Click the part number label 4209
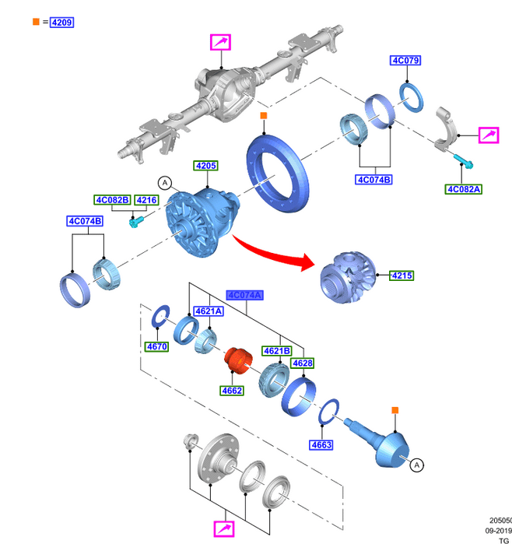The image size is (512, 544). click(61, 23)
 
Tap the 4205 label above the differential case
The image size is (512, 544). click(206, 166)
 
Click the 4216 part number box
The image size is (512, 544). click(146, 201)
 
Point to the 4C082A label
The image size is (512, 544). click(465, 189)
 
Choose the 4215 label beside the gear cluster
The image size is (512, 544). click(402, 276)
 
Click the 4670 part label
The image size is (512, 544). click(156, 346)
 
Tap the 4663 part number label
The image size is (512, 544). click(321, 445)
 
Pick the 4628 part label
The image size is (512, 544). click(302, 363)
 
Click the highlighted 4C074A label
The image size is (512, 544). click(245, 295)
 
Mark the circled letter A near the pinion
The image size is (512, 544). click(417, 465)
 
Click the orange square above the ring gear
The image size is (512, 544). click(263, 117)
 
